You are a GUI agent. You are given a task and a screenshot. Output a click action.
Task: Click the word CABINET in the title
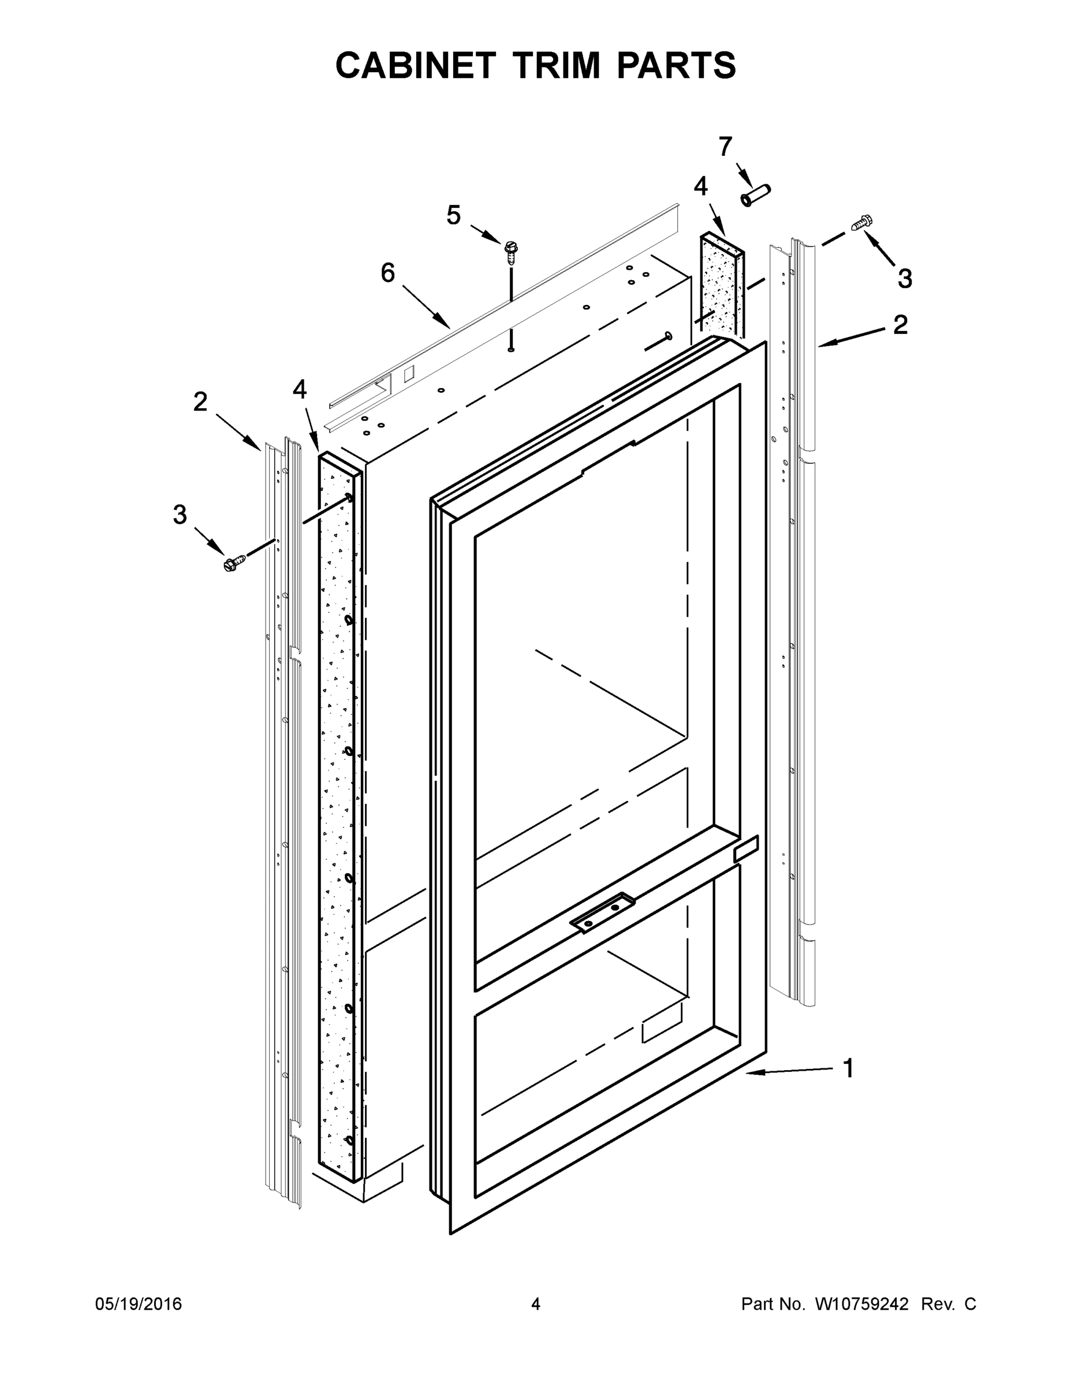415,65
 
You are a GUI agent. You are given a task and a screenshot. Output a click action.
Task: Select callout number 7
725,147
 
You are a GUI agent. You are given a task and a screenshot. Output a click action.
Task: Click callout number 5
453,216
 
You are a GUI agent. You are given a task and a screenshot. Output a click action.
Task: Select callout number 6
387,273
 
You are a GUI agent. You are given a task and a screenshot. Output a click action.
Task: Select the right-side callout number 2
900,325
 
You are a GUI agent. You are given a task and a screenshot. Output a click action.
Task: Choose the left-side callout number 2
200,401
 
